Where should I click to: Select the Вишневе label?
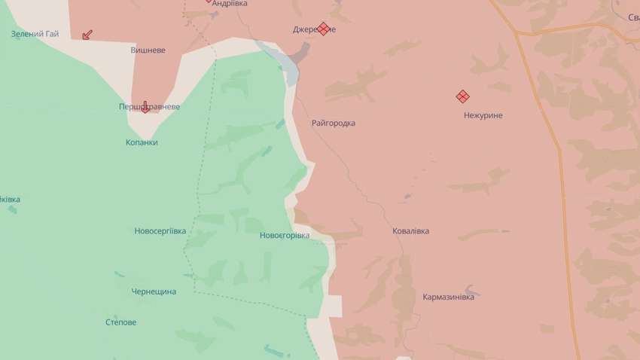click(x=148, y=50)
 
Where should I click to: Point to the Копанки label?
click(x=142, y=142)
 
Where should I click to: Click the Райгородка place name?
click(x=333, y=123)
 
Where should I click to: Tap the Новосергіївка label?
click(x=160, y=230)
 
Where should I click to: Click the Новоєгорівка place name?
click(x=284, y=236)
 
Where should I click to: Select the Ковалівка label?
click(x=410, y=231)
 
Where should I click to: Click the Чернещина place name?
click(x=154, y=291)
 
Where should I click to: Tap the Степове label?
click(x=121, y=322)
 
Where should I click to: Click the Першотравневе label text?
click(x=150, y=107)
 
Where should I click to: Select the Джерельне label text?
click(x=314, y=30)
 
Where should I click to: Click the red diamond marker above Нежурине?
click(x=462, y=96)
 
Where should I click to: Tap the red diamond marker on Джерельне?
click(x=323, y=29)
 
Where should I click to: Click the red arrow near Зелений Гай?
click(x=87, y=34)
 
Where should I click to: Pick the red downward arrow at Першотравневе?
click(x=145, y=106)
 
